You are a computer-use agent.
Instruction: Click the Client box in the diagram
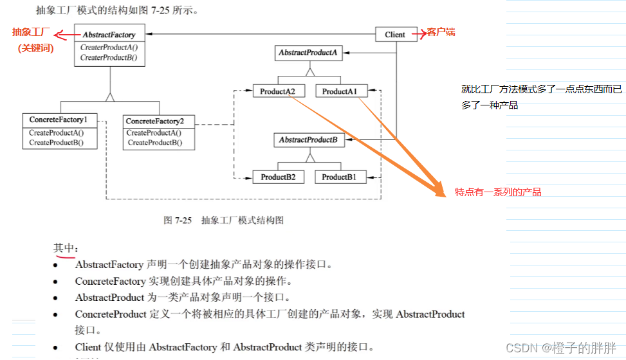click(396, 35)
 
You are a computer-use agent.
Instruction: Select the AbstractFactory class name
click(109, 35)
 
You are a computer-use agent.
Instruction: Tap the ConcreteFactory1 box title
click(59, 120)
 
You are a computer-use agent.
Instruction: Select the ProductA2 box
click(278, 92)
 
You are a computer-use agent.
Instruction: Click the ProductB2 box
click(278, 177)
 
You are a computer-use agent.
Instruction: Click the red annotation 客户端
click(441, 32)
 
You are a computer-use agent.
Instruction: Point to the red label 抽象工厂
click(32, 32)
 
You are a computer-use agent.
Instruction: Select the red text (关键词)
click(35, 48)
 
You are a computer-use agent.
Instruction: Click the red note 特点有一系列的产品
click(498, 192)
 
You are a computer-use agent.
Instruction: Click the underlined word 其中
click(64, 248)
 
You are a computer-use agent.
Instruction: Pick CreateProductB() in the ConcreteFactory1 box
click(57, 142)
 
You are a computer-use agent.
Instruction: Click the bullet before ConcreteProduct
click(57, 314)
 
